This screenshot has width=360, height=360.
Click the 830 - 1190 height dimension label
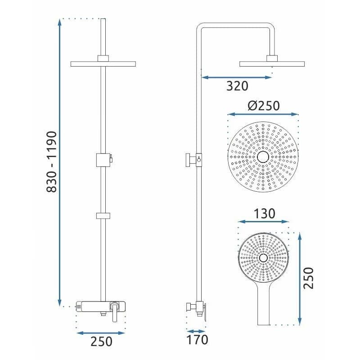point(52,162)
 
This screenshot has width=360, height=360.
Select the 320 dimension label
point(237,86)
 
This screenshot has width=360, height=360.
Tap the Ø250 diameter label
point(264,106)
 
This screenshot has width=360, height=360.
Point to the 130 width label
point(264,213)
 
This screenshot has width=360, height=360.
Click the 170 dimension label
point(197,340)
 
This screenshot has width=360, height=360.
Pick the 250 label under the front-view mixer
point(101,342)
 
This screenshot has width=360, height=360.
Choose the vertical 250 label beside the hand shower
point(308,278)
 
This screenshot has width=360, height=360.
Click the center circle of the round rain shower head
point(263,157)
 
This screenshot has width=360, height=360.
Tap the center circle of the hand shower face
point(263,258)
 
